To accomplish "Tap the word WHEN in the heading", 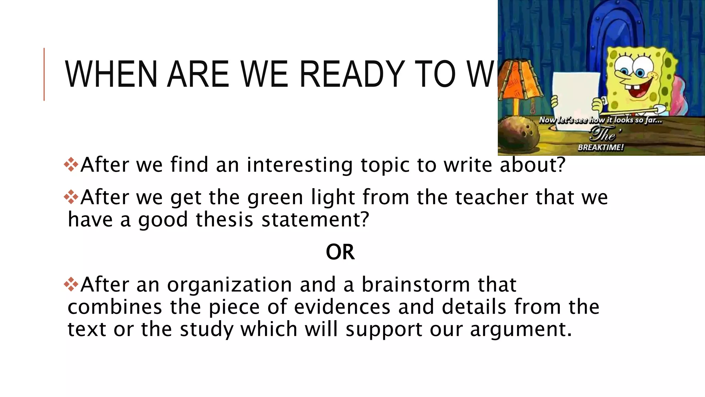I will (111, 74).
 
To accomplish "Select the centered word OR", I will (340, 252).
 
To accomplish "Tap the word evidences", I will (342, 307).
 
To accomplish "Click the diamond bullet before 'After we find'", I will (71, 164).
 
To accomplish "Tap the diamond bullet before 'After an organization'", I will (71, 284).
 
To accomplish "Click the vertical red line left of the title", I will (44, 74).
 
